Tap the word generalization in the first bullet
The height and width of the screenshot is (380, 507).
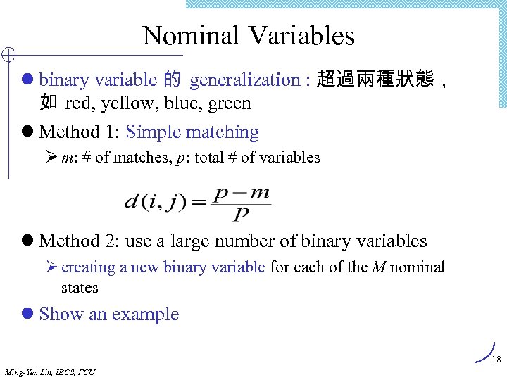coord(244,80)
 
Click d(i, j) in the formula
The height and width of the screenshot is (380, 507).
coord(156,203)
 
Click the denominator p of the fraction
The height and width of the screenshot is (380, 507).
coord(241,213)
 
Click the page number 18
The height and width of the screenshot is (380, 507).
coord(496,360)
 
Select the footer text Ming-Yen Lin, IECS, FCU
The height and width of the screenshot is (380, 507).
coord(49,372)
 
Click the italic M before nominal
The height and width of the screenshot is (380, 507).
coord(378,267)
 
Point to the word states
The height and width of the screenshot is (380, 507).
coord(80,288)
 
